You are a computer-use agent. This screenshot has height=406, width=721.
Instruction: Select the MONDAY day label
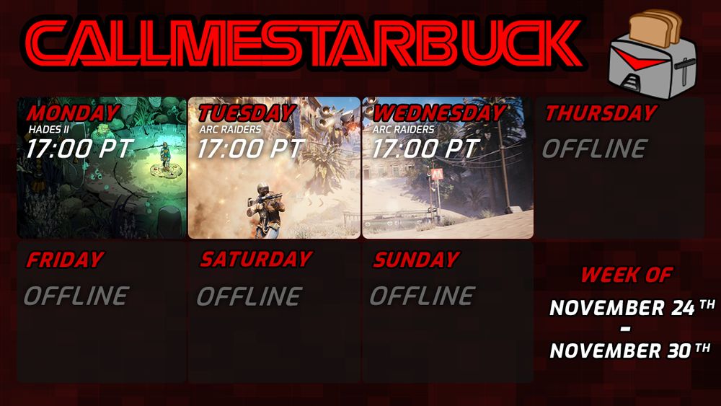[73, 113]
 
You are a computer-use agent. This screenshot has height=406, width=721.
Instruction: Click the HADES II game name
[48, 130]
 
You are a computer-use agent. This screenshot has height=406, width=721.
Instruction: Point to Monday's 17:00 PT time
[80, 149]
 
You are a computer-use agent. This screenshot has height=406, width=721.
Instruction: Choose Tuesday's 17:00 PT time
[251, 149]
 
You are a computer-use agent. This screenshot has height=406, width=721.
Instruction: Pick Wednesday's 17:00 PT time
[425, 149]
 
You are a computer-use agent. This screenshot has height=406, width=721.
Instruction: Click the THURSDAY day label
[601, 113]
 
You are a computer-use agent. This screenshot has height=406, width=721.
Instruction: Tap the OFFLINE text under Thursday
[594, 149]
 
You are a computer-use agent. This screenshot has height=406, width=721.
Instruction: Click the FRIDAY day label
[64, 260]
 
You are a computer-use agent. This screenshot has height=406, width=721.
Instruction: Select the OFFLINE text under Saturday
[249, 296]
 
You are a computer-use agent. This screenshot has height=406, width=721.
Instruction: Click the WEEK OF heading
[626, 275]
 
